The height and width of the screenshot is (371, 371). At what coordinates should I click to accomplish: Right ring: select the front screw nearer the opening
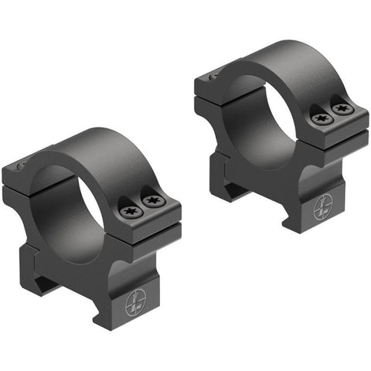pyautogui.click(x=320, y=118)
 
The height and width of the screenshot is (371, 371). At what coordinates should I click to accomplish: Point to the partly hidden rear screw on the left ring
pyautogui.click(x=21, y=165)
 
